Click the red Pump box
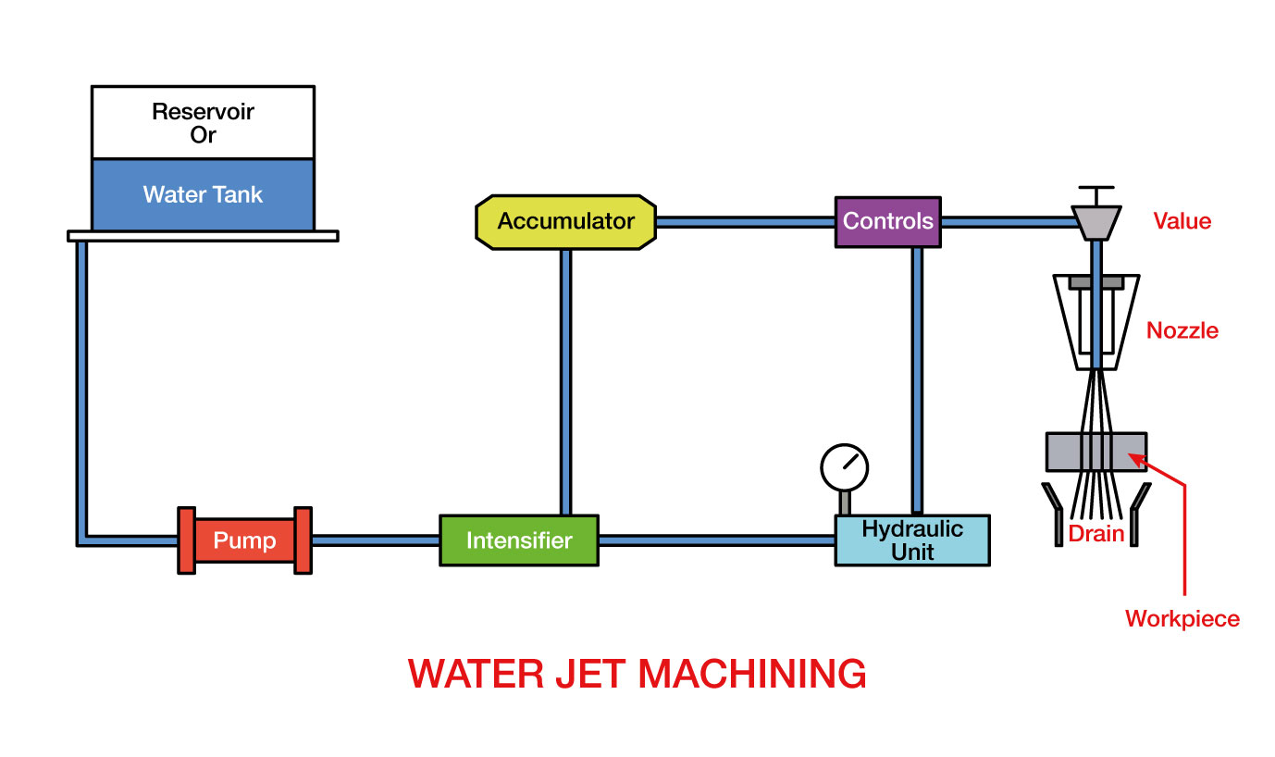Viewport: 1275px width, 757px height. pyautogui.click(x=244, y=540)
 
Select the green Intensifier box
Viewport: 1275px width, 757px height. pyautogui.click(x=518, y=540)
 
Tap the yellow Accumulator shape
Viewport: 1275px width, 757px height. pyautogui.click(x=565, y=222)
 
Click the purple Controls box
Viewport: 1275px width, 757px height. pyautogui.click(x=887, y=222)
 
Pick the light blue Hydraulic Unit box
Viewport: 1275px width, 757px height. pyautogui.click(x=911, y=541)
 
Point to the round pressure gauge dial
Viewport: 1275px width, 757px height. pyautogui.click(x=845, y=466)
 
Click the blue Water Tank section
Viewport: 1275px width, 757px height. pyautogui.click(x=203, y=195)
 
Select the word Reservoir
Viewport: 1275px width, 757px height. pyautogui.click(x=203, y=112)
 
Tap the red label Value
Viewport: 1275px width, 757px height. pyautogui.click(x=1182, y=221)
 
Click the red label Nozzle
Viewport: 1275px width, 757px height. pyautogui.click(x=1182, y=330)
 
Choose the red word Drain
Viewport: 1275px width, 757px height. pyautogui.click(x=1096, y=534)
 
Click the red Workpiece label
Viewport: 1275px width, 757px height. pyautogui.click(x=1182, y=618)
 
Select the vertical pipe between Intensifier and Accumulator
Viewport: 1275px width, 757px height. pyautogui.click(x=565, y=379)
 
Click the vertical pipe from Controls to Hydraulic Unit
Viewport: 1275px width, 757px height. pyautogui.click(x=917, y=379)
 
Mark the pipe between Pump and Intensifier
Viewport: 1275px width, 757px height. pyautogui.click(x=375, y=540)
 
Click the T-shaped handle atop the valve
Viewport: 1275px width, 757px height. pyautogui.click(x=1096, y=192)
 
